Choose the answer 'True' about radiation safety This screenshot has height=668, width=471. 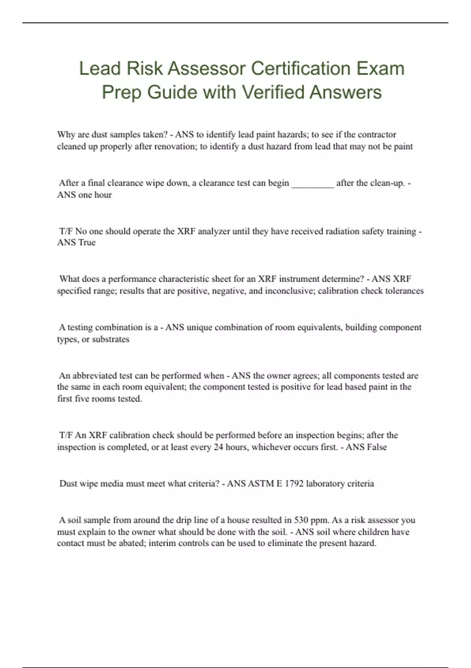[87, 242]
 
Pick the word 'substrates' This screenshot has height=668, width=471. [110, 339]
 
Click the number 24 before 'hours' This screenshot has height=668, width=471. [218, 447]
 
